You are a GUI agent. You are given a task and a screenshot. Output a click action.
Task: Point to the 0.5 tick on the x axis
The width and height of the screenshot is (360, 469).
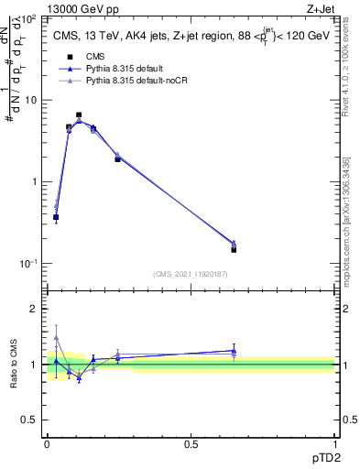pyautogui.click(x=191, y=443)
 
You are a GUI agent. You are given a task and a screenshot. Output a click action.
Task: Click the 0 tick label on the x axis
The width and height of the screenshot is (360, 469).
pyautogui.click(x=47, y=443)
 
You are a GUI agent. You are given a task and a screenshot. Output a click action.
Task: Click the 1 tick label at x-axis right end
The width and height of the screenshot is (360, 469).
pyautogui.click(x=333, y=443)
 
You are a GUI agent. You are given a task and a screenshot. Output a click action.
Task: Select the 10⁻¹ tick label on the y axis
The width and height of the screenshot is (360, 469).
pyautogui.click(x=27, y=263)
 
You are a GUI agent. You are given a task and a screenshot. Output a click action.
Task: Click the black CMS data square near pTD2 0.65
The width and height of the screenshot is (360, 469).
pyautogui.click(x=234, y=249)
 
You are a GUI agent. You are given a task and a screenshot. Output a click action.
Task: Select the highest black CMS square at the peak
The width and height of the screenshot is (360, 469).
pyautogui.click(x=79, y=115)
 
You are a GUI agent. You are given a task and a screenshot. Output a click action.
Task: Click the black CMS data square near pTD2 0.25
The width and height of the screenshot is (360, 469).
pyautogui.click(x=117, y=159)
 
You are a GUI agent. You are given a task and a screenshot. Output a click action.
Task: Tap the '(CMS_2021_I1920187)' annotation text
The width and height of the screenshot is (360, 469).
pyautogui.click(x=190, y=274)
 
